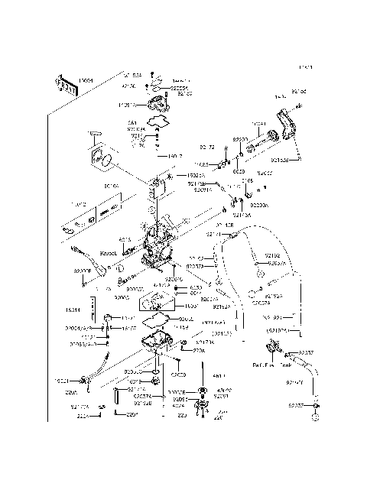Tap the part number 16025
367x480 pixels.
click(x=94, y=134)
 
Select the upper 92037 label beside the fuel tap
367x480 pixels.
click(x=305, y=352)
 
